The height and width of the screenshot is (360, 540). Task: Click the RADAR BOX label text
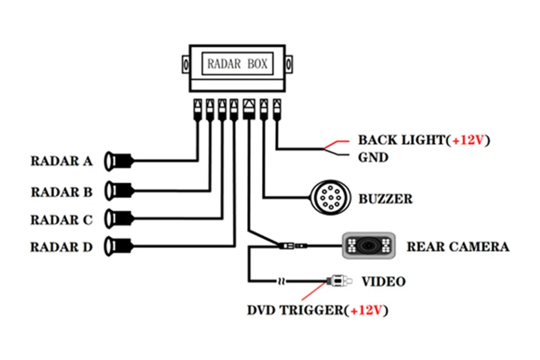click(x=236, y=64)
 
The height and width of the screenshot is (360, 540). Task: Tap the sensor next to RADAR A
click(x=118, y=160)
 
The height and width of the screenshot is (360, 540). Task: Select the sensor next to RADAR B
click(x=118, y=190)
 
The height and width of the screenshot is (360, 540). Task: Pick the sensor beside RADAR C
click(x=118, y=218)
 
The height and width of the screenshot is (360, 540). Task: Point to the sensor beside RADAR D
click(x=118, y=247)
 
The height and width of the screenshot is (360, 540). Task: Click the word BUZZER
click(x=385, y=199)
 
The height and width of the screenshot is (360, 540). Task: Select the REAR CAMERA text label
click(x=458, y=247)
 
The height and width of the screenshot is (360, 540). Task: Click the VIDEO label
click(x=384, y=281)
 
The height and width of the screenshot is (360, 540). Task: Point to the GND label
click(x=373, y=157)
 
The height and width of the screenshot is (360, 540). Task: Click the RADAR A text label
click(x=61, y=161)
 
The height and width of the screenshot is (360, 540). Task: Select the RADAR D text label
click(x=61, y=247)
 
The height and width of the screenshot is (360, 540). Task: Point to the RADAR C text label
click(x=61, y=220)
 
